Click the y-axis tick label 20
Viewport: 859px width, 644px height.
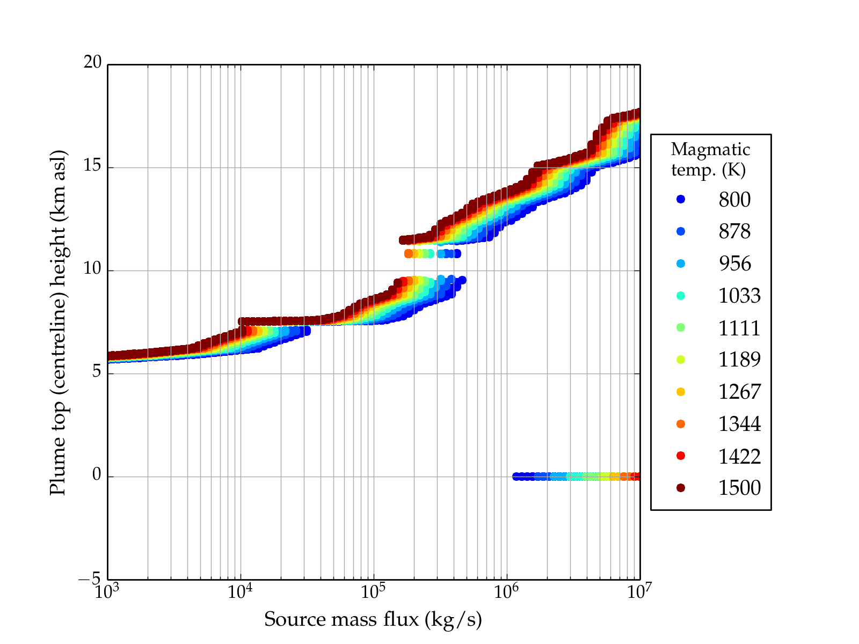(x=92, y=63)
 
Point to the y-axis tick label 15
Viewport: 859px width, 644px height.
(x=92, y=166)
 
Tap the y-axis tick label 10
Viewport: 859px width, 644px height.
(x=92, y=269)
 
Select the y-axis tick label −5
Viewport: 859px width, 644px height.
(x=89, y=579)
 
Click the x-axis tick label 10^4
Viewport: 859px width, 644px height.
(x=239, y=592)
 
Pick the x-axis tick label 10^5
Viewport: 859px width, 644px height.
(x=373, y=592)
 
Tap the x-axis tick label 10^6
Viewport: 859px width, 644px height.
(x=506, y=592)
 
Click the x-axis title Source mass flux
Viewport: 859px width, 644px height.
(x=373, y=619)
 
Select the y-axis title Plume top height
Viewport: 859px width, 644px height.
(x=57, y=322)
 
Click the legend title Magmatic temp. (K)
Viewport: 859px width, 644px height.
(x=710, y=159)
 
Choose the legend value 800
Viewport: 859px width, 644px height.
(x=734, y=200)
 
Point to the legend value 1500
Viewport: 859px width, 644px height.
(x=739, y=488)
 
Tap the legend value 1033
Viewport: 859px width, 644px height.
(x=739, y=296)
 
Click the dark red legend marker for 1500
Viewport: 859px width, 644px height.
(x=681, y=487)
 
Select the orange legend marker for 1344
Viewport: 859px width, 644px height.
(x=681, y=424)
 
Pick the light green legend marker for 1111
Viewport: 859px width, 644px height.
(x=681, y=327)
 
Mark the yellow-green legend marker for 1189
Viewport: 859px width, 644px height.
(x=681, y=360)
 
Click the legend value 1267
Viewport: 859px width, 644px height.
(x=739, y=392)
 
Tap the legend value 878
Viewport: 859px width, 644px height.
(x=734, y=231)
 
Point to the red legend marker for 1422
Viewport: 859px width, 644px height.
(x=681, y=456)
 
